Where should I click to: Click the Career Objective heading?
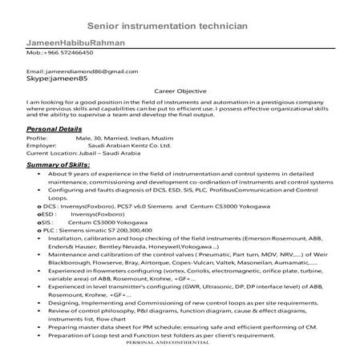click(x=180, y=92)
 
